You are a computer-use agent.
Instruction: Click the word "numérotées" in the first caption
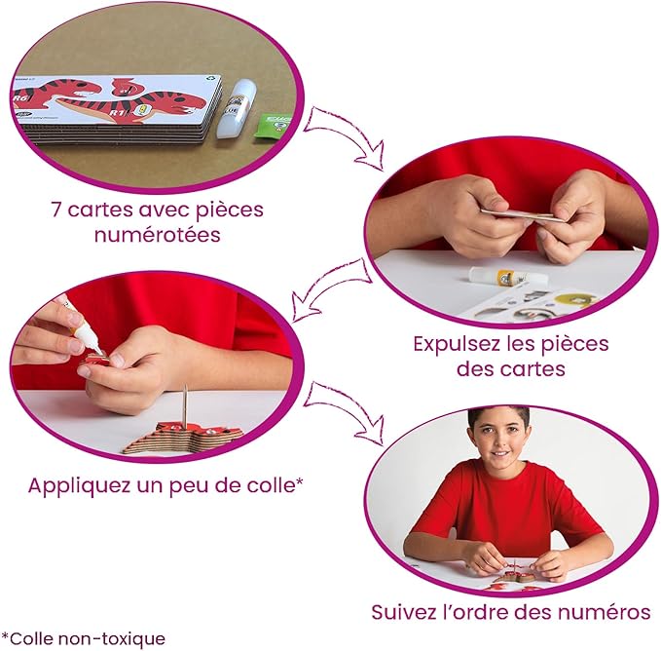click(158, 235)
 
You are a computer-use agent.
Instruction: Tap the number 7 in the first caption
click(56, 210)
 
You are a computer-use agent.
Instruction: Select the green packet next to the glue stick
click(273, 125)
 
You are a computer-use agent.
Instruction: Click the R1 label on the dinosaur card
click(115, 113)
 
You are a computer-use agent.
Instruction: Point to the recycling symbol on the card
click(210, 78)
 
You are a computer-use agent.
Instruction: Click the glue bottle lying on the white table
click(508, 277)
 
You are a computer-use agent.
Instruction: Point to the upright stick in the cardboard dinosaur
click(185, 406)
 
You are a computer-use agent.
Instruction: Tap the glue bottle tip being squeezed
click(98, 350)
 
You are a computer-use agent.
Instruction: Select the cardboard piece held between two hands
click(517, 215)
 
